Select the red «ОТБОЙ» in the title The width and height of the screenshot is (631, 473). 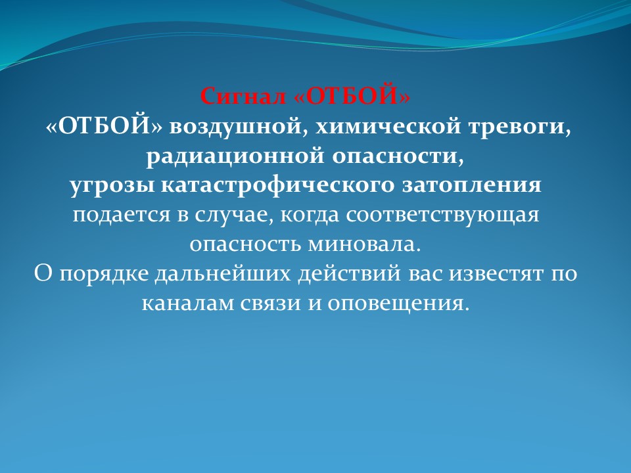click(x=353, y=97)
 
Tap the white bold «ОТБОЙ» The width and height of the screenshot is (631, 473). click(x=105, y=126)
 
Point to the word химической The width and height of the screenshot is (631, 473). click(x=388, y=127)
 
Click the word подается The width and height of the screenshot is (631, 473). click(x=121, y=215)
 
